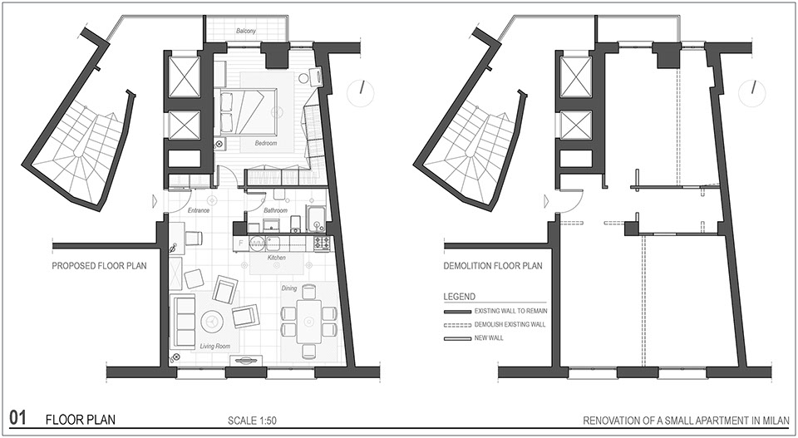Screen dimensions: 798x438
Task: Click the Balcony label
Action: [x=246, y=31]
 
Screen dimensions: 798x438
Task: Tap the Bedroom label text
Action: [x=266, y=144]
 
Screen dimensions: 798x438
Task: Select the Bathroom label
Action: [x=275, y=210]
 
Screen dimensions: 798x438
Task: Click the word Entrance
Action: [x=199, y=210]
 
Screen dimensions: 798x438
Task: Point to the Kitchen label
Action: [x=277, y=258]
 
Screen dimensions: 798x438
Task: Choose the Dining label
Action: [x=289, y=288]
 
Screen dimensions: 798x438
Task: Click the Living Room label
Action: [x=214, y=347]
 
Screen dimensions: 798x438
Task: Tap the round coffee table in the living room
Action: [x=212, y=321]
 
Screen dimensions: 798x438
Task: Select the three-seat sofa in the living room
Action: [x=183, y=321]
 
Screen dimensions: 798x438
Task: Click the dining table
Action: [x=309, y=322]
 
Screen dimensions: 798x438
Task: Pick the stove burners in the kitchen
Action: [x=323, y=243]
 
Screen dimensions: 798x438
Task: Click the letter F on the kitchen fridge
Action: [x=241, y=243]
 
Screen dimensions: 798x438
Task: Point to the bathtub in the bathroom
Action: [x=316, y=219]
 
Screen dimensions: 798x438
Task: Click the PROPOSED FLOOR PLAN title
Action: [x=99, y=266]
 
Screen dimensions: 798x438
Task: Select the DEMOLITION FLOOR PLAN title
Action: [x=493, y=266]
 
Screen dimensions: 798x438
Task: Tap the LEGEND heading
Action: [x=459, y=297]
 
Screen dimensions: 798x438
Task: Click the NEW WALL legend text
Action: [x=489, y=337]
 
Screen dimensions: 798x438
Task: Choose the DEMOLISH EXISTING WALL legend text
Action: [x=510, y=324]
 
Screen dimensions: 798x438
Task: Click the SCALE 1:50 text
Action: [x=253, y=421]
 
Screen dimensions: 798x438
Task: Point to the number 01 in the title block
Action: [x=17, y=419]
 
